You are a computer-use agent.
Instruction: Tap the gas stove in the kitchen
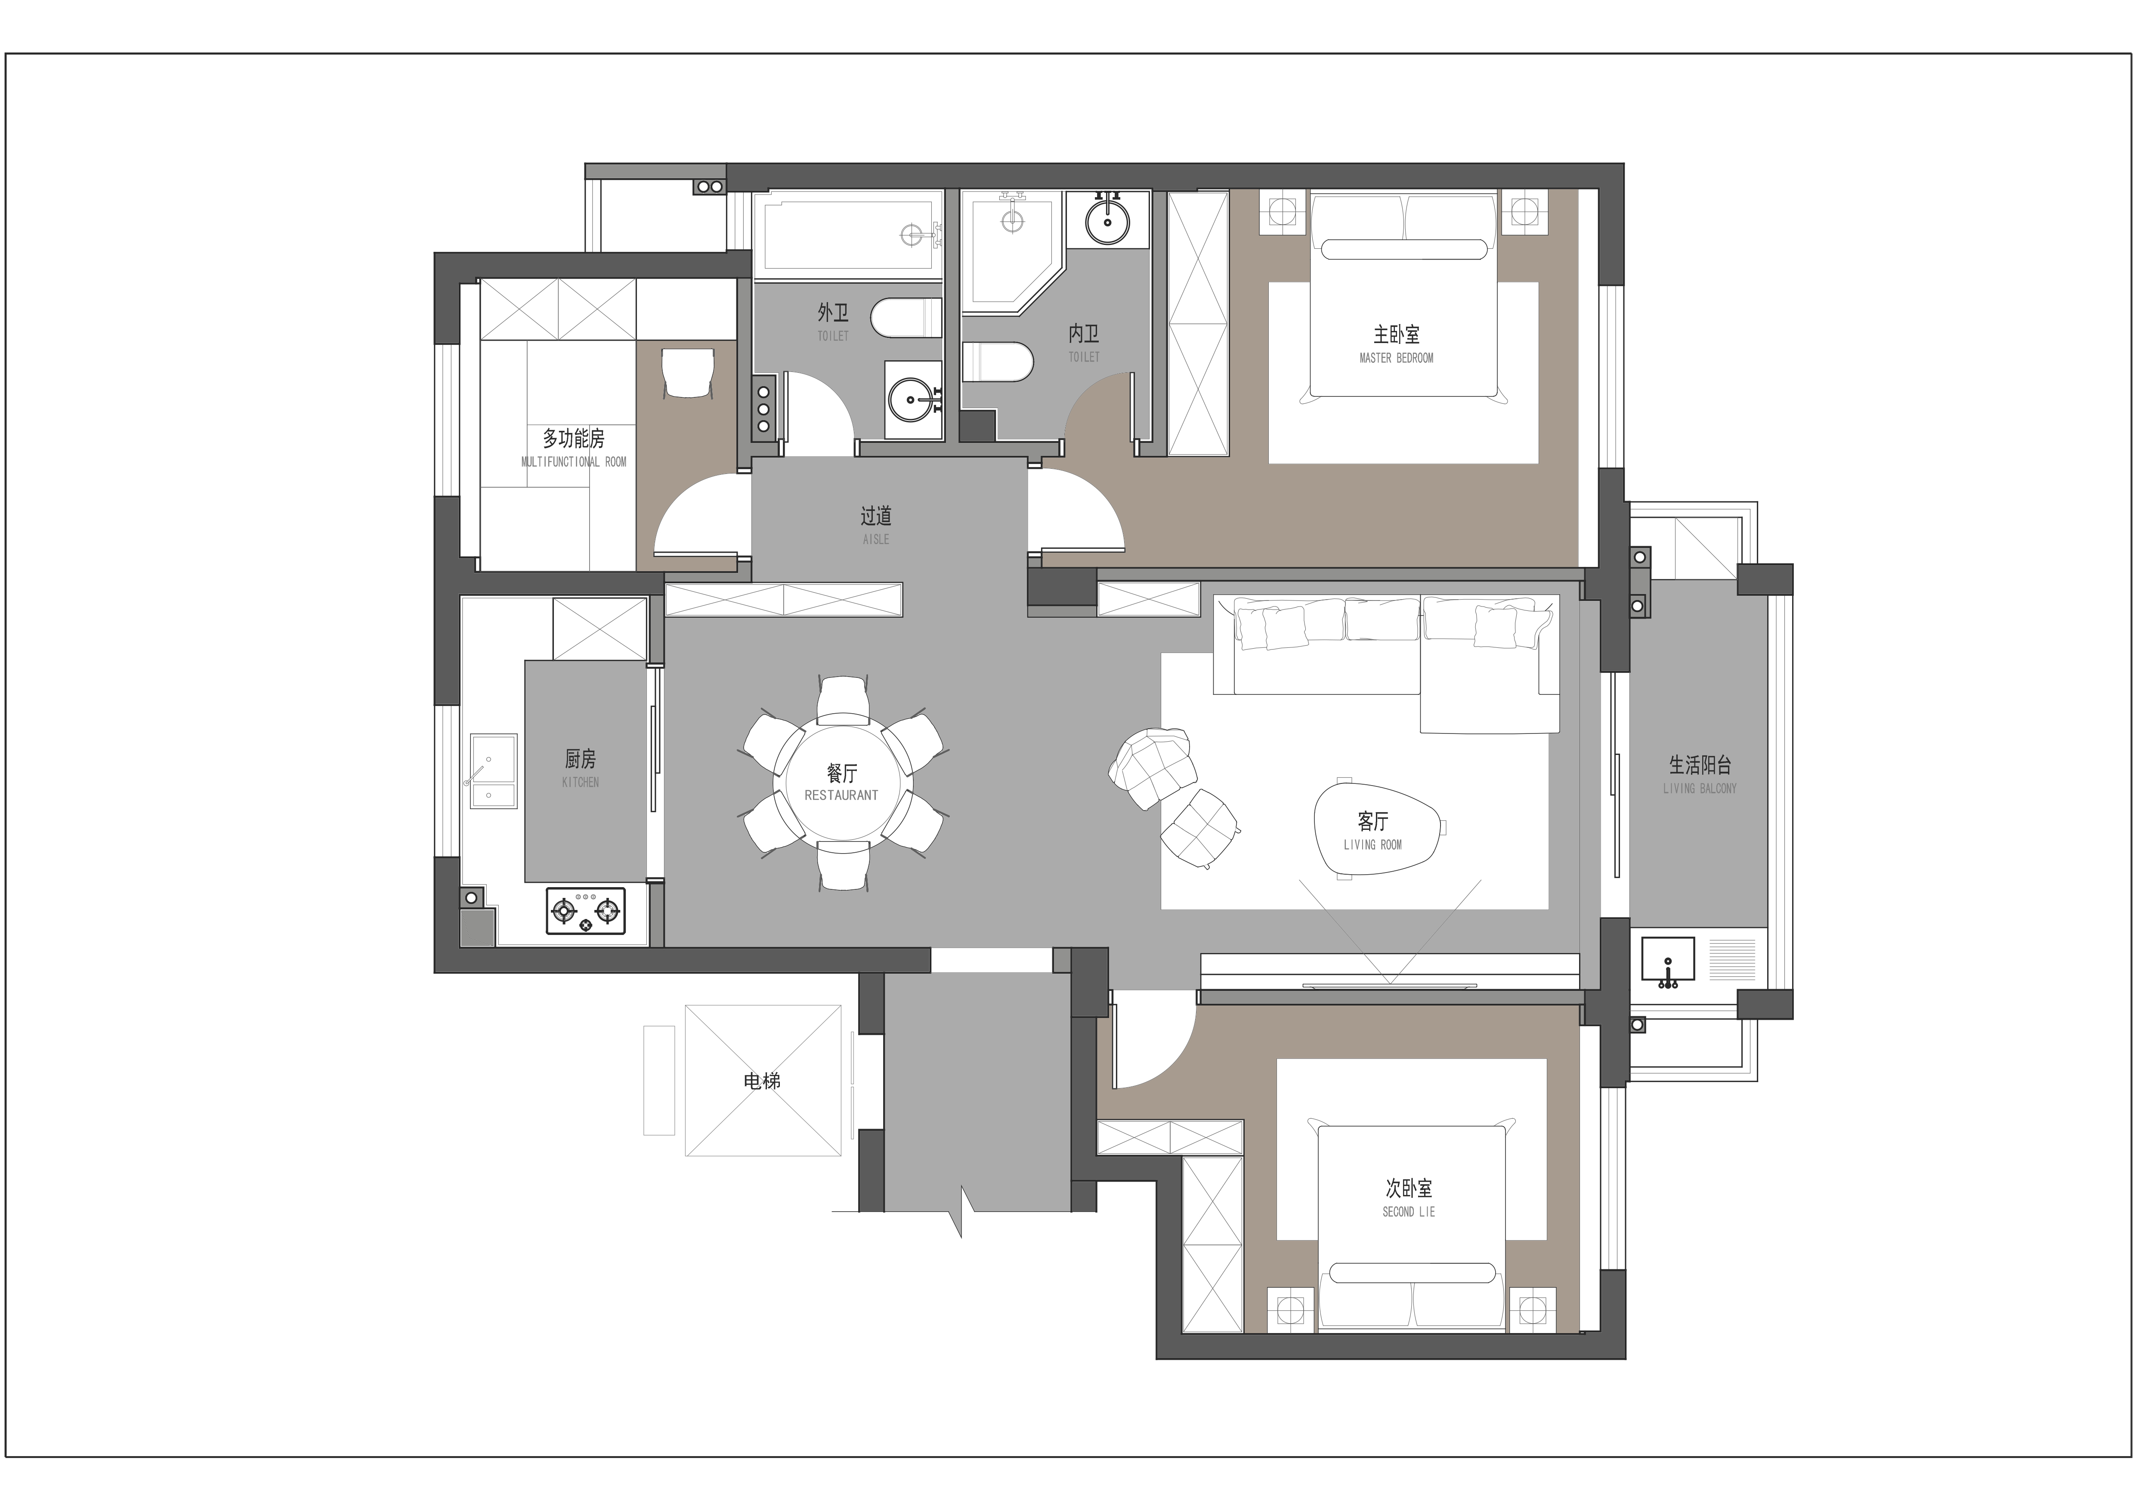(x=585, y=911)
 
